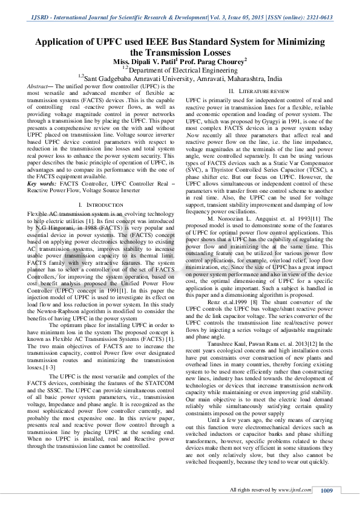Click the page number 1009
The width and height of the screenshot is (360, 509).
tap(327, 490)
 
